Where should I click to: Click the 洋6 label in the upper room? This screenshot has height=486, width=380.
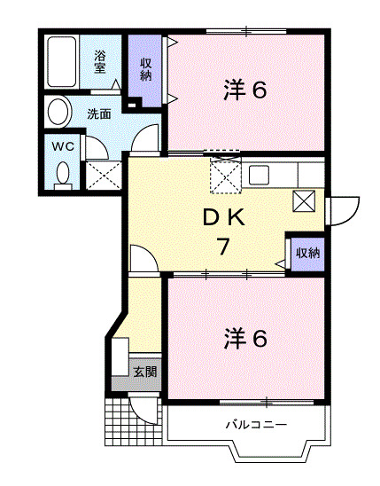pos(244,90)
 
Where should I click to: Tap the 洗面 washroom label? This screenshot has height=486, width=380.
pos(98,114)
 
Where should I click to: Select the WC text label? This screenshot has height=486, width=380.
pos(61,145)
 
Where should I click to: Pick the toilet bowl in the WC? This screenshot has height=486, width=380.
pos(62,173)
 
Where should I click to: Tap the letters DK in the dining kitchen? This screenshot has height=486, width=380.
pos(227,217)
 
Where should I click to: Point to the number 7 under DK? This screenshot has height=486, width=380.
pos(227,247)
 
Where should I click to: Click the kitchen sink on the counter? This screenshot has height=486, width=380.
pos(259,175)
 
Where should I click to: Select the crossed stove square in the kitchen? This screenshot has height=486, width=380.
pos(304,201)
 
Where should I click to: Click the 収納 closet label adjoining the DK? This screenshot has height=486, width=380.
pos(307,254)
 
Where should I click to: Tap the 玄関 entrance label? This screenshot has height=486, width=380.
pos(144,372)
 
